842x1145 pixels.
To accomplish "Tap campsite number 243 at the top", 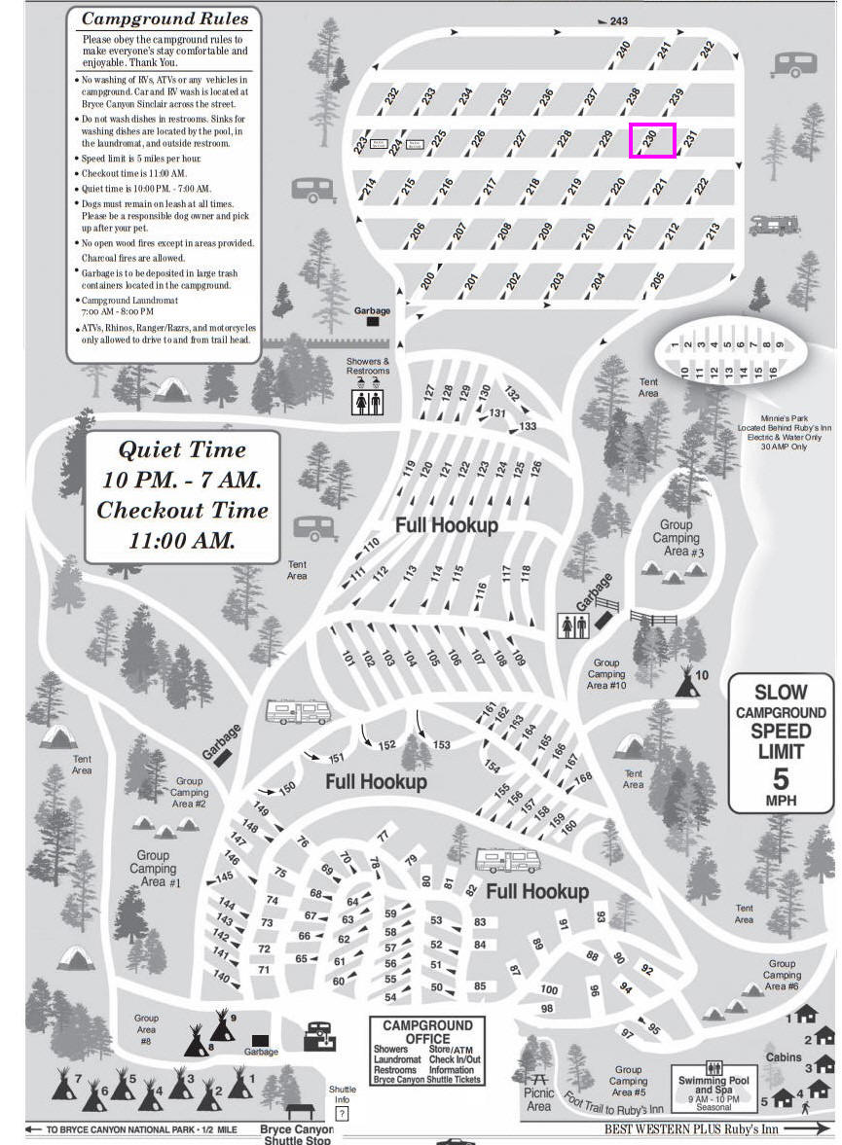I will pos(619,20).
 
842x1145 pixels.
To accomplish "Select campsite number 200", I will pos(427,280).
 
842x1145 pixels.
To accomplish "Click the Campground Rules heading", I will pos(165,18).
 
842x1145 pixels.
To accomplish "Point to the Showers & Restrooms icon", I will pos(368,401).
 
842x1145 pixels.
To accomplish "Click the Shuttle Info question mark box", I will pos(342,1113).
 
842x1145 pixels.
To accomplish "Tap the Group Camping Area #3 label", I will pos(676,538).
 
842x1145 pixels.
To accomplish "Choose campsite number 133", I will pos(529,426).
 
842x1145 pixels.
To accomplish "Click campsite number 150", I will pos(287,788).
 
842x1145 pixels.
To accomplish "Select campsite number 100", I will pos(548,990).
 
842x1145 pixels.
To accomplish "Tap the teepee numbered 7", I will pos(65,1083).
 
